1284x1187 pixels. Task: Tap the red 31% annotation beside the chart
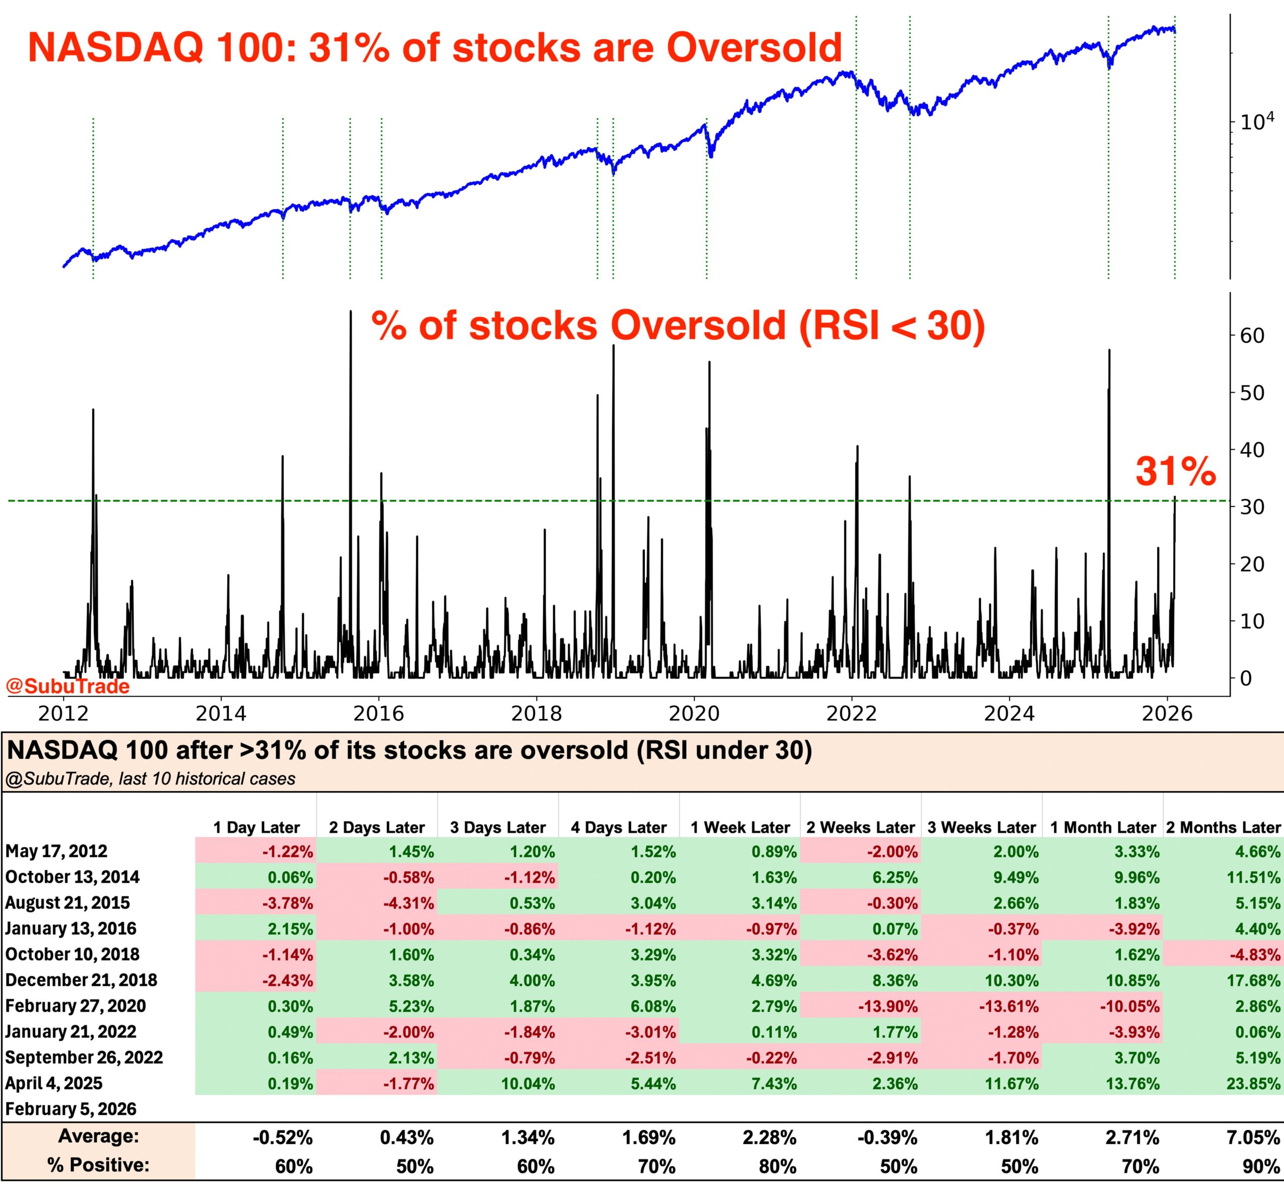point(1175,472)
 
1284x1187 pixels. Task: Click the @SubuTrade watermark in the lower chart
point(68,687)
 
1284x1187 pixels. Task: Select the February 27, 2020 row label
point(76,1006)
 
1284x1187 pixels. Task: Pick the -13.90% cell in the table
point(887,1007)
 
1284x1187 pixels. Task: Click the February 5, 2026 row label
point(71,1109)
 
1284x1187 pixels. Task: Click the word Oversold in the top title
point(754,48)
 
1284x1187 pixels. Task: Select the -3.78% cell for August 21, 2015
point(287,903)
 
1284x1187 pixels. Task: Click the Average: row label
point(98,1136)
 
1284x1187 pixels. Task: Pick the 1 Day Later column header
point(256,827)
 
